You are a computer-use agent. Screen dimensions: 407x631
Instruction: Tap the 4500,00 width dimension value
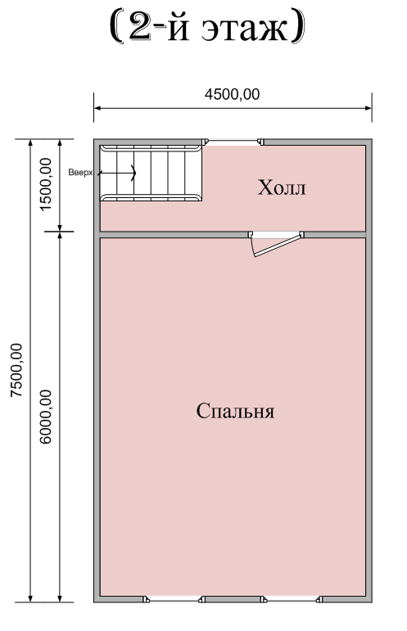point(233,94)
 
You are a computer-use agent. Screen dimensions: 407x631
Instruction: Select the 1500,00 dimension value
point(47,183)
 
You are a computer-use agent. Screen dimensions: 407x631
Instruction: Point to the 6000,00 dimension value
point(47,417)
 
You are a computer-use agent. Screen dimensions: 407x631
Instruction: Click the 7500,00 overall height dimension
point(16,370)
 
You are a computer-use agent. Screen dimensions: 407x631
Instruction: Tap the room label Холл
point(282,187)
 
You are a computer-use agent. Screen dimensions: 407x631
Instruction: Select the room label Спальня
point(235,411)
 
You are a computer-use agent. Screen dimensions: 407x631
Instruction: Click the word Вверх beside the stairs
point(80,173)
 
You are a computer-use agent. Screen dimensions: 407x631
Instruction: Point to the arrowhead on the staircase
point(133,173)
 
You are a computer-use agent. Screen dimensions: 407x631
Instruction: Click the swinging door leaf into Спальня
point(278,246)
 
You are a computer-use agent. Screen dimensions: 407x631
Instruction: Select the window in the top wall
point(233,142)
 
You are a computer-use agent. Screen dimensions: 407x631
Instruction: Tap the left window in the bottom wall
point(174,600)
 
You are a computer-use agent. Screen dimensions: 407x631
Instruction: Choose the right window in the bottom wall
point(292,600)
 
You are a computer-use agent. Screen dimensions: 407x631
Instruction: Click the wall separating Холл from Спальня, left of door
point(174,235)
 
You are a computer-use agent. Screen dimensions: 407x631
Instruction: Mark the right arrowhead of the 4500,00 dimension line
point(368,108)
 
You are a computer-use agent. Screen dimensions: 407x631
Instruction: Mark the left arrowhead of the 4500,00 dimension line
point(97,108)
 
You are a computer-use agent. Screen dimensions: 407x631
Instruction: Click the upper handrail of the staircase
point(151,148)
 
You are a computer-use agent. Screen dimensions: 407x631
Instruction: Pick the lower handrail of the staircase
point(151,197)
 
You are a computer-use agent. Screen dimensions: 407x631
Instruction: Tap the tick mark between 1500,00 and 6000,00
point(60,232)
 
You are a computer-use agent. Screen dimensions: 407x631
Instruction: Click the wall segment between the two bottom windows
point(233,599)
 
